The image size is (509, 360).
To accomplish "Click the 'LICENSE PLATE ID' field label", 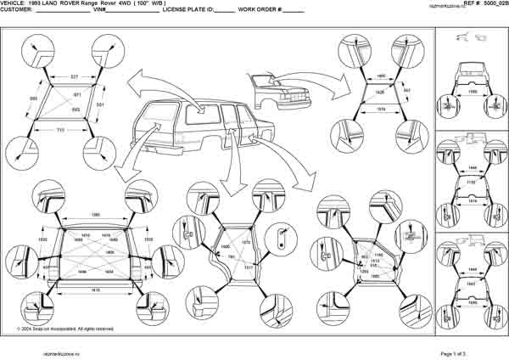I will (187, 11).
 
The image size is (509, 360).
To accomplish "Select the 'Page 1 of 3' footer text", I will (459, 352).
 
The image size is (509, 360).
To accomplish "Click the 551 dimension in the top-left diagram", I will (101, 104).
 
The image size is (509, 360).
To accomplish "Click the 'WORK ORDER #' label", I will (258, 11).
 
